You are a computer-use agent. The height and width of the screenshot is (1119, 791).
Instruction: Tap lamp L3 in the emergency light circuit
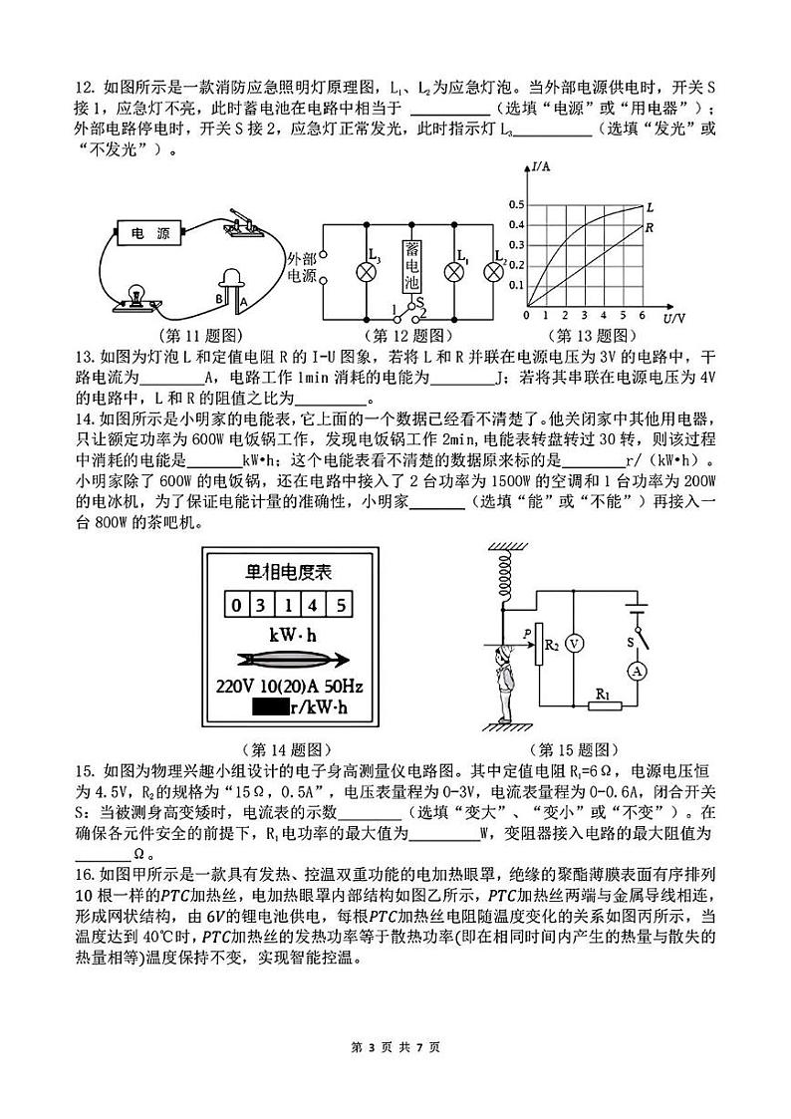366,269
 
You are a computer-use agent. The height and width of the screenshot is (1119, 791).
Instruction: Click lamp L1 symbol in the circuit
456,270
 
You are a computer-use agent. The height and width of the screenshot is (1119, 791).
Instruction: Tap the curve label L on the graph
650,206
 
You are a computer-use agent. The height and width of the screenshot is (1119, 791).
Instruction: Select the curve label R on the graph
648,227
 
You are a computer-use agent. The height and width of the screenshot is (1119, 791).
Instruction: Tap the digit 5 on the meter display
340,605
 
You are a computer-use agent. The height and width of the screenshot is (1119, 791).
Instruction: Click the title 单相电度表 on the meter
288,572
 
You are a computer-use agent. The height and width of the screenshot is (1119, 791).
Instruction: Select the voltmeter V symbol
573,645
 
